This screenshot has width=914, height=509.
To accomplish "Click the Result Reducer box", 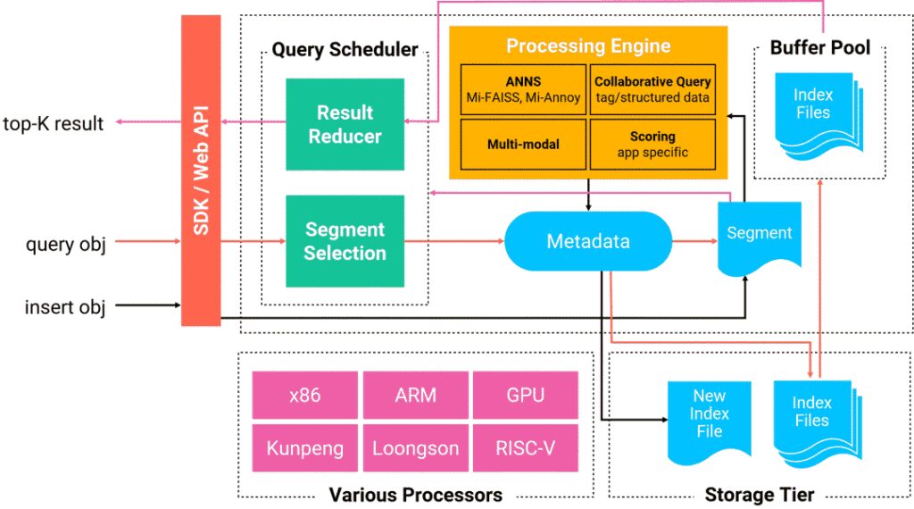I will (x=345, y=124).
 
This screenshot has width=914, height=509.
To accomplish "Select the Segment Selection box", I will (x=345, y=241).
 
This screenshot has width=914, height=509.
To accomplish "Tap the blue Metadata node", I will (x=588, y=241).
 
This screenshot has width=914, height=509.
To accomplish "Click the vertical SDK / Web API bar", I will (x=201, y=170).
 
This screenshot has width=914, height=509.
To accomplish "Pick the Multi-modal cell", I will (x=523, y=143).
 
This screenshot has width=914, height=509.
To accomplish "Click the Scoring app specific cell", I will (x=652, y=143).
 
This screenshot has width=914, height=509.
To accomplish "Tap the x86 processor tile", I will (x=304, y=395).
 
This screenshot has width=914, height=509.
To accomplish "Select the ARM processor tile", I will (x=415, y=395).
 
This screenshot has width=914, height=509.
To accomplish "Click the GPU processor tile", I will (x=526, y=395).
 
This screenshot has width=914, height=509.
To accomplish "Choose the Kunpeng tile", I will (x=304, y=447).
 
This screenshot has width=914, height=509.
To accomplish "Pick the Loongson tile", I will (x=415, y=447).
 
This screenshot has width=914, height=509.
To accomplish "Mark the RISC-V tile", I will (x=526, y=447).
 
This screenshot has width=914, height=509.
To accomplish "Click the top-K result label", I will (x=54, y=124).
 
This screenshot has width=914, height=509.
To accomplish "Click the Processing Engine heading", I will (x=588, y=46).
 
